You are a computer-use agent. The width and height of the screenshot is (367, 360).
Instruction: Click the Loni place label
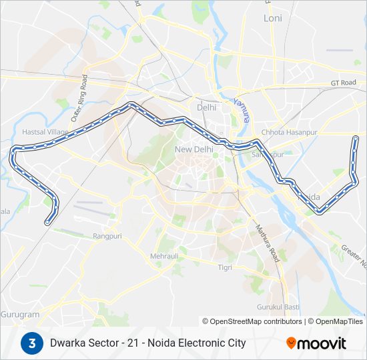[x=273, y=18]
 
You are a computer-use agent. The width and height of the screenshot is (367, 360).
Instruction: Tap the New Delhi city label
[x=194, y=149]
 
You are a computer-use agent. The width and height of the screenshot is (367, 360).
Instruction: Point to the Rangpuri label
[x=107, y=235]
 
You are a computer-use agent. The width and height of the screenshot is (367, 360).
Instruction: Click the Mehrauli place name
[x=164, y=255]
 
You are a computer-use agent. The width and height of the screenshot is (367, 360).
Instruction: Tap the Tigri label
[x=225, y=267]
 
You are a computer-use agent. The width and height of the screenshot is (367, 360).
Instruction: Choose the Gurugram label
[x=20, y=314]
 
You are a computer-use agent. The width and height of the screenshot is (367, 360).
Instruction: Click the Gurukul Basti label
[x=277, y=307]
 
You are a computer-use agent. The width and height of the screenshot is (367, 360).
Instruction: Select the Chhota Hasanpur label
[x=288, y=132]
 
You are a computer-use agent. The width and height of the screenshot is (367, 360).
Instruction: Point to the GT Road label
[x=344, y=83]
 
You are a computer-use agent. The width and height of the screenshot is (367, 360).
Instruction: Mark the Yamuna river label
[x=242, y=110]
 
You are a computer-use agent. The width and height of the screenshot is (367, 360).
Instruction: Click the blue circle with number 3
[x=31, y=343]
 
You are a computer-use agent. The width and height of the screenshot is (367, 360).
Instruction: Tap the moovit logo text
[x=322, y=343]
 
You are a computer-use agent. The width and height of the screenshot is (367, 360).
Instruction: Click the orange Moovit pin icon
[x=291, y=343]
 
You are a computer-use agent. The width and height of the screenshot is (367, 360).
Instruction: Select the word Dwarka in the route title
[x=66, y=343]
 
